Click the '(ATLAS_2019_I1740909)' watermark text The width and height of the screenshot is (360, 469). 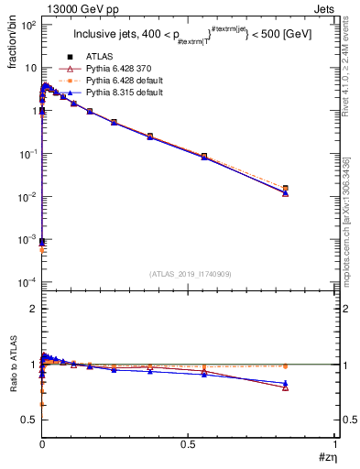point(190,273)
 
